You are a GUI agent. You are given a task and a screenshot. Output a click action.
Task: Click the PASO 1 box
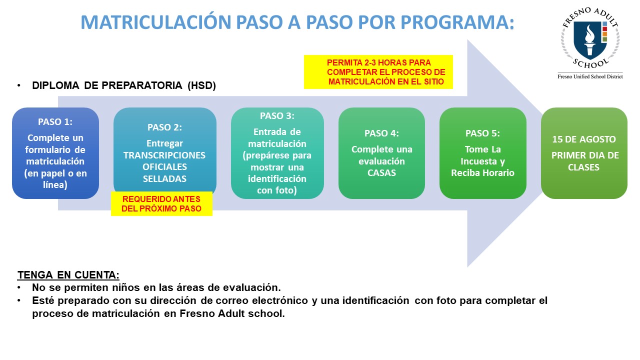click(55, 153)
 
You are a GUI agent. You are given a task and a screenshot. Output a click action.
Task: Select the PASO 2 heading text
click(164, 127)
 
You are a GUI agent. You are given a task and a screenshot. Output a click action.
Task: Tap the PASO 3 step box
click(277, 153)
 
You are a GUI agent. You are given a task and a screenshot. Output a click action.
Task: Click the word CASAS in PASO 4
click(381, 173)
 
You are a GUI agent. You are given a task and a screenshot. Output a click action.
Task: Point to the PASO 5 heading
click(482, 133)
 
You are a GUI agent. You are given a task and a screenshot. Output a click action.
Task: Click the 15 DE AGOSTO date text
click(583, 139)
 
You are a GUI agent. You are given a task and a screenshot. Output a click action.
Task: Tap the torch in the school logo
click(589, 40)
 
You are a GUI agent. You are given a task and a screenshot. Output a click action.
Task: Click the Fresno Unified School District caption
click(590, 76)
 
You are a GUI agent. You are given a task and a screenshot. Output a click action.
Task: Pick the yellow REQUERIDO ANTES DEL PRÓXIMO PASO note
click(161, 203)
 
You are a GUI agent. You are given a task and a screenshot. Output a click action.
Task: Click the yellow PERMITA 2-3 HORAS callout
click(378, 72)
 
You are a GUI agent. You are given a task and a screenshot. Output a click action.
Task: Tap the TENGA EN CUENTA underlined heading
click(68, 275)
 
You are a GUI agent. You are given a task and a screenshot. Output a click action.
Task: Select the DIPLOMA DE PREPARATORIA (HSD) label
click(123, 85)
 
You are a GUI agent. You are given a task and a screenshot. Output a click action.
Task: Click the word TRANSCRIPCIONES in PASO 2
click(164, 155)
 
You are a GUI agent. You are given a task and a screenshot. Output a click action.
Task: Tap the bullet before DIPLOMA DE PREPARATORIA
click(19, 85)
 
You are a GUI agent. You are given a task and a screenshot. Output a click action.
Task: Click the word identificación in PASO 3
click(277, 179)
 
